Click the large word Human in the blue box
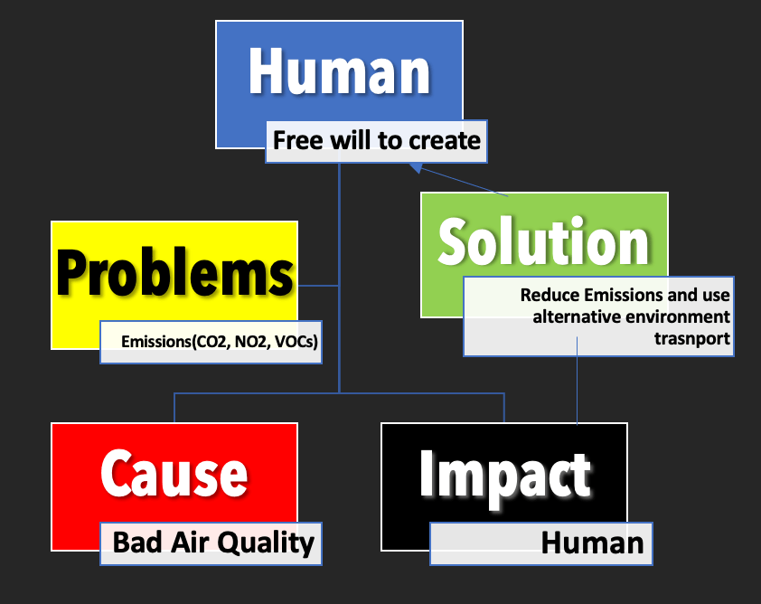pyautogui.click(x=339, y=71)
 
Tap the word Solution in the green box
pyautogui.click(x=543, y=241)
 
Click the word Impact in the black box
pyautogui.click(x=504, y=474)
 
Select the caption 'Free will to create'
pyautogui.click(x=376, y=141)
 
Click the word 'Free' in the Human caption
pyautogui.click(x=298, y=141)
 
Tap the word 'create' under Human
pyautogui.click(x=446, y=141)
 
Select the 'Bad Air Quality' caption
pyautogui.click(x=212, y=543)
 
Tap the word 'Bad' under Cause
pyautogui.click(x=133, y=543)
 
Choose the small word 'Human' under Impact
pyautogui.click(x=592, y=543)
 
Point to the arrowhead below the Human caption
pyautogui.click(x=414, y=166)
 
